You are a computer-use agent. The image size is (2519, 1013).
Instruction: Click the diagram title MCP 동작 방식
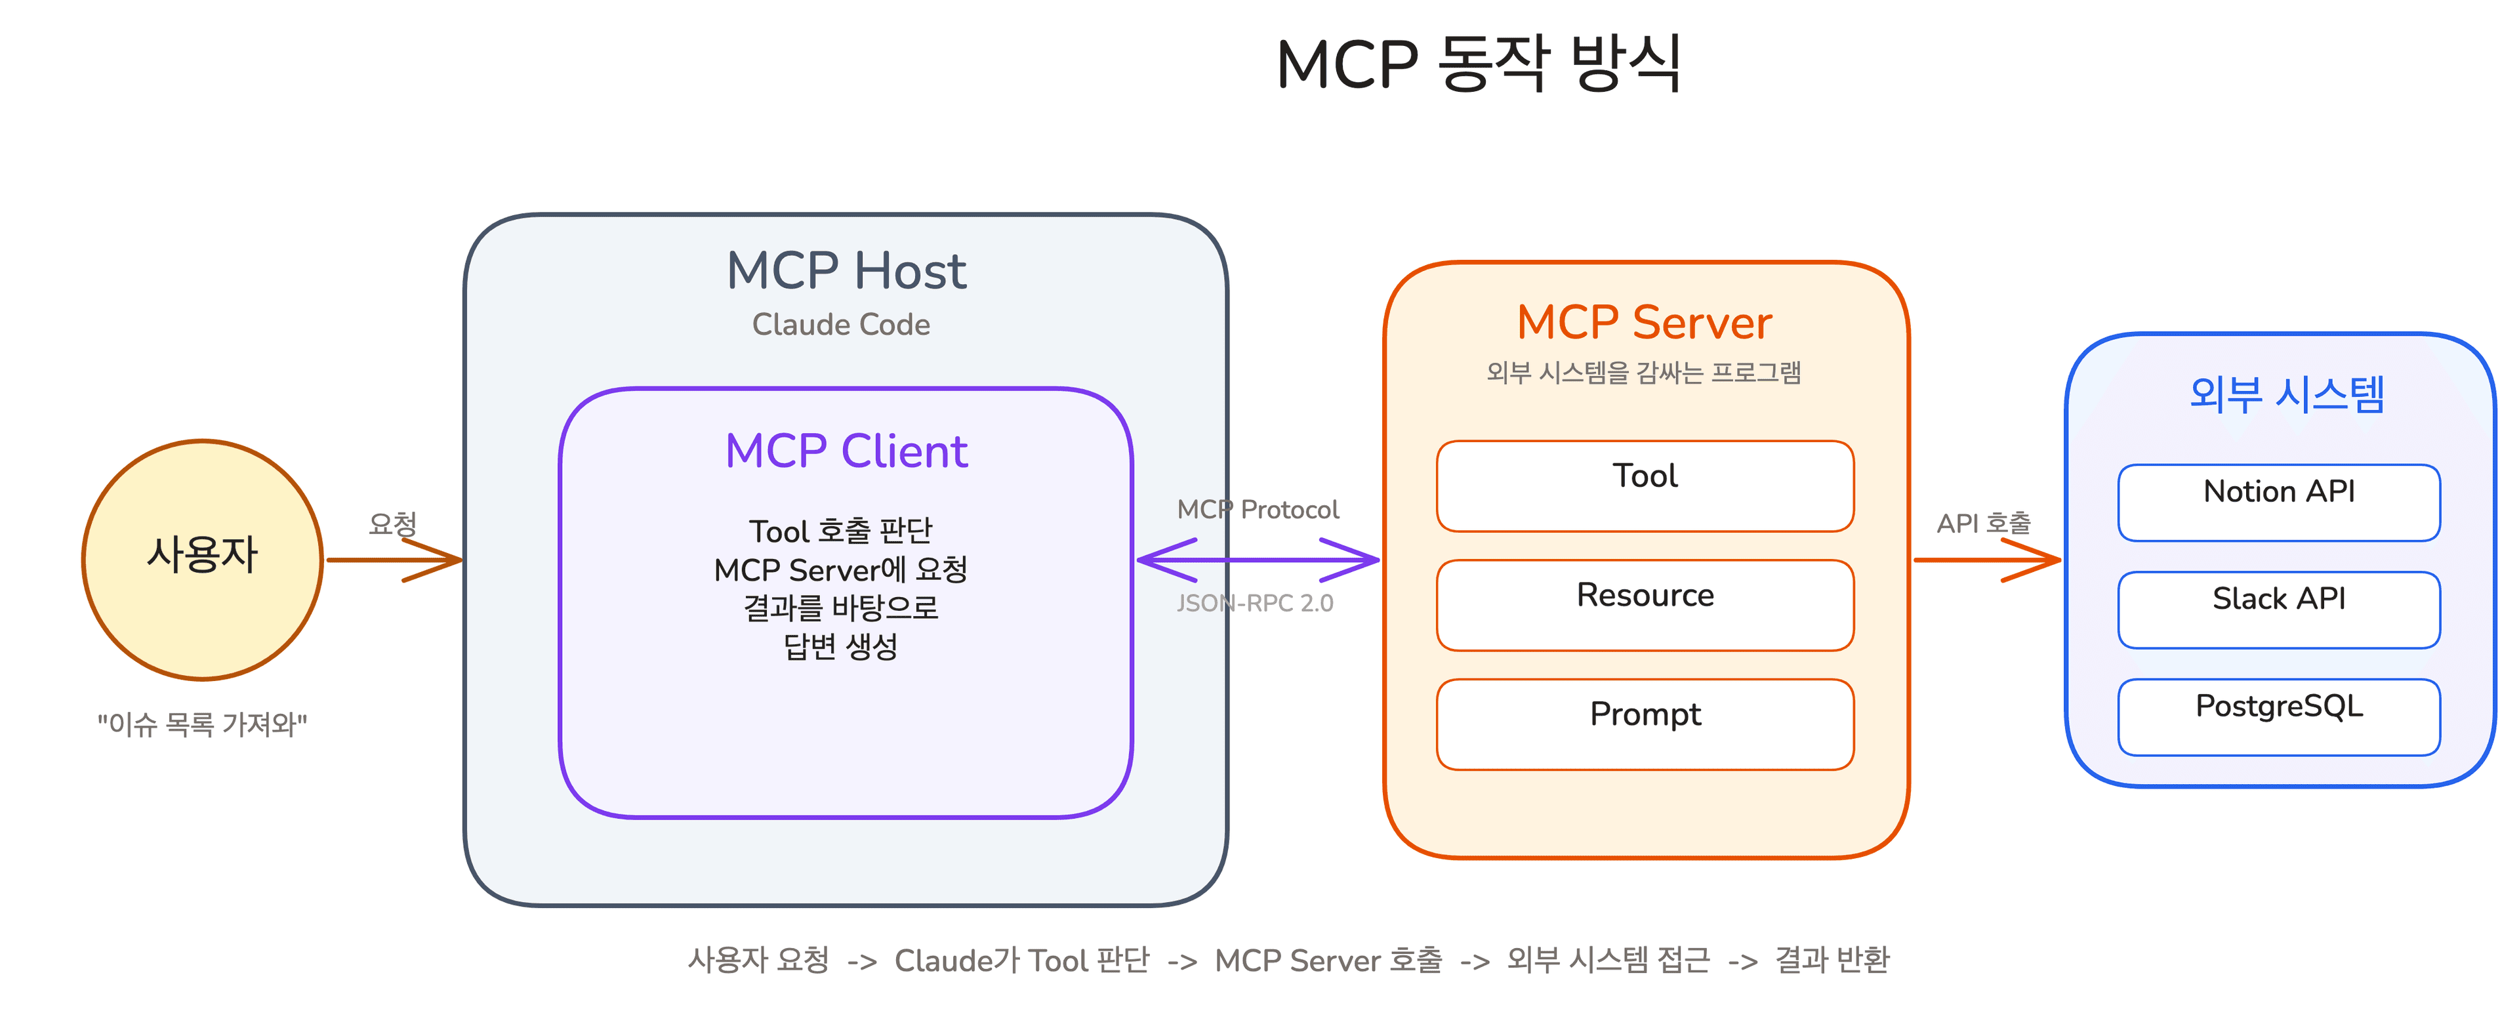[1479, 64]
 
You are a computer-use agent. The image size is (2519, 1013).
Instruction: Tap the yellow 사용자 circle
[203, 559]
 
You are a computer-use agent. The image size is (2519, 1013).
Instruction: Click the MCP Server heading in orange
[1644, 323]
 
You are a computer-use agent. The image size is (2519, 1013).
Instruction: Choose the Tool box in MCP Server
[1645, 486]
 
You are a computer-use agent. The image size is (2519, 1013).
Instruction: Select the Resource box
[1645, 604]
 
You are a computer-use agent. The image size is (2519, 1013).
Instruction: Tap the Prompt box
[1645, 724]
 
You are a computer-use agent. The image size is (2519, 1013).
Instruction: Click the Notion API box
[2278, 502]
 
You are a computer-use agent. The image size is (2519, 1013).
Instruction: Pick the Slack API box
[2278, 609]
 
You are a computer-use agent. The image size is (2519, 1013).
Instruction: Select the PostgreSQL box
[2278, 716]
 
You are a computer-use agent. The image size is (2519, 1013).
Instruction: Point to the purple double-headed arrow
[1258, 560]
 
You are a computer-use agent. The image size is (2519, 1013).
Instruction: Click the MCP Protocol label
[1258, 509]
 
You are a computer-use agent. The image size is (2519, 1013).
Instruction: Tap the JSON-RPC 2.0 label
[1255, 604]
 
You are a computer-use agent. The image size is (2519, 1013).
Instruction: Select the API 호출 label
[1983, 523]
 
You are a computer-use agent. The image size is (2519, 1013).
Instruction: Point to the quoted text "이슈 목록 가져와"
[203, 724]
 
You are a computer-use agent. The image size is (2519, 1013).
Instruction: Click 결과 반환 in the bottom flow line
[1832, 961]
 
